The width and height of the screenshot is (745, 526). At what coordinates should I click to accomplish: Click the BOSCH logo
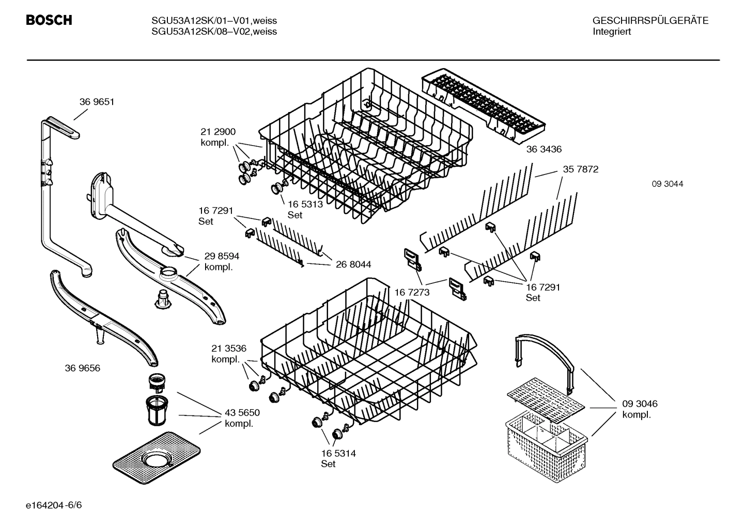[x=49, y=21]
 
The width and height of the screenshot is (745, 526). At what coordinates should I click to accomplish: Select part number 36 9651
[x=97, y=102]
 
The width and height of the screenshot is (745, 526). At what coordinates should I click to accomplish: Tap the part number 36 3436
[x=544, y=149]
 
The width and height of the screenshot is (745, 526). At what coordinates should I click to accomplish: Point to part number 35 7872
[x=580, y=169]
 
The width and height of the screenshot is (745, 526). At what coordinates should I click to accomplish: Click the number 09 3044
[x=667, y=184]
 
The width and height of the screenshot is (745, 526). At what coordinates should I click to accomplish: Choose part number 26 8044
[x=353, y=265]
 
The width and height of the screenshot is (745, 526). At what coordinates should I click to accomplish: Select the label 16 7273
[x=412, y=293]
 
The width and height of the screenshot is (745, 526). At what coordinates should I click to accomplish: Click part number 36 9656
[x=83, y=368]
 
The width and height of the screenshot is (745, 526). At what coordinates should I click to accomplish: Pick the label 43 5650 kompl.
[x=242, y=418]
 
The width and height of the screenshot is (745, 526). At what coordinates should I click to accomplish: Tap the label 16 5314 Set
[x=338, y=458]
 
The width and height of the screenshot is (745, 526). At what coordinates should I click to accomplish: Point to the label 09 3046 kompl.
[x=640, y=409]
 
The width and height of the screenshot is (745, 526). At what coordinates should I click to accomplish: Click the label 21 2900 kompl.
[x=218, y=137]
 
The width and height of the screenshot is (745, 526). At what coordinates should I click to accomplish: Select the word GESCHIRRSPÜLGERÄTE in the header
[x=650, y=21]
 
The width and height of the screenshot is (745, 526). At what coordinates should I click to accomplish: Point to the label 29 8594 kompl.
[x=221, y=261]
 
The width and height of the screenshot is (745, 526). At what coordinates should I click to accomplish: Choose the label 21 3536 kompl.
[x=228, y=354]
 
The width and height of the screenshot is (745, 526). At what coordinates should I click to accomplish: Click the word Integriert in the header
[x=612, y=32]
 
